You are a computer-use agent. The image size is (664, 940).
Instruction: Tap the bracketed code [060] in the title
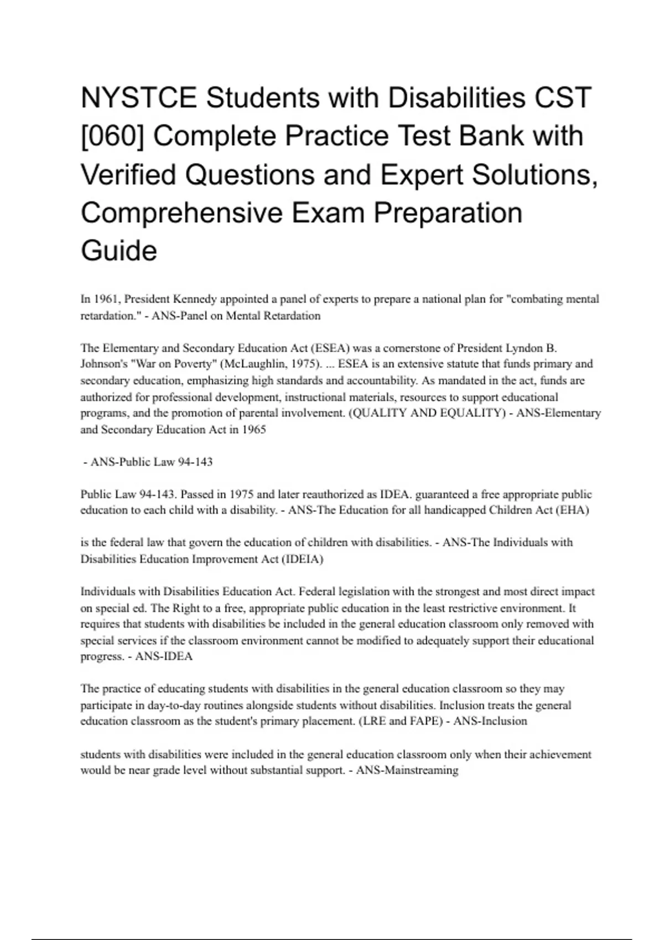[x=113, y=136]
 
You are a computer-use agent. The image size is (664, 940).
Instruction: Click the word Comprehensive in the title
[x=181, y=212]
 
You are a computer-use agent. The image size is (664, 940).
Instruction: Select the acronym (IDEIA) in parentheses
[x=302, y=559]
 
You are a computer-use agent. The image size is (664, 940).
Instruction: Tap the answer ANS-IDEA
[x=164, y=656]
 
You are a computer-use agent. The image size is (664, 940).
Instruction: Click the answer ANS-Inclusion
[x=490, y=721]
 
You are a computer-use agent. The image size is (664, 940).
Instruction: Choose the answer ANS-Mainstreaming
[x=407, y=770]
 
